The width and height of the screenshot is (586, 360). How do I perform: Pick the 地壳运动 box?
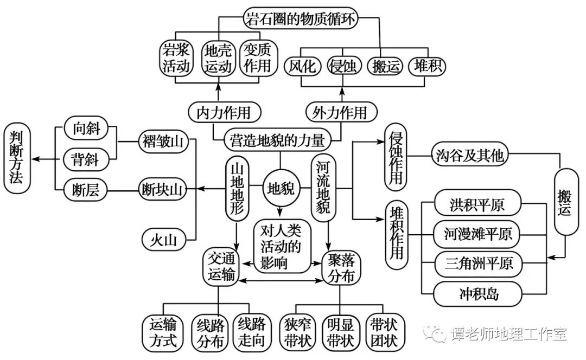coord(218,58)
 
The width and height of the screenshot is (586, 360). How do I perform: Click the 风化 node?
coord(302,67)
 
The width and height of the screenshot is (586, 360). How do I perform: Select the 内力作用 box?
coord(224,112)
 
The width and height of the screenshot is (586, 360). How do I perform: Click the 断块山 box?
coord(161,189)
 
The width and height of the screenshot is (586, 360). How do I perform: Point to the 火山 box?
coord(161,238)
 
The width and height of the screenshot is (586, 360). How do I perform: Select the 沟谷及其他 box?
coord(469,156)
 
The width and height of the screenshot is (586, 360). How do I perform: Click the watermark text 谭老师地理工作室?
coord(508,334)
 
